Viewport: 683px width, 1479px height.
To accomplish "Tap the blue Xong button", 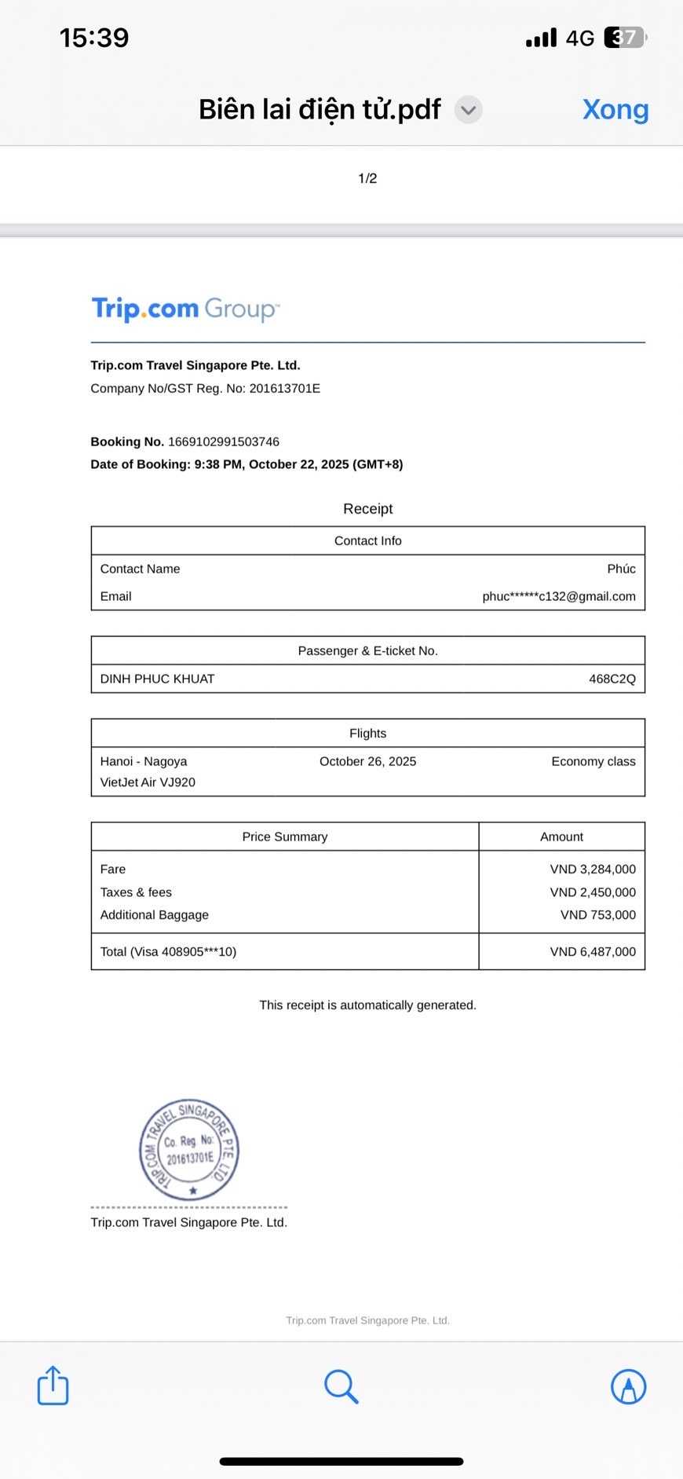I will [x=615, y=110].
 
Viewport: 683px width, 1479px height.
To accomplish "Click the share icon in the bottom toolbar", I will [x=53, y=1385].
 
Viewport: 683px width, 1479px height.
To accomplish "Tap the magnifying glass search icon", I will [x=341, y=1386].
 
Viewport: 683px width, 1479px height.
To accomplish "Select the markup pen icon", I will [x=628, y=1386].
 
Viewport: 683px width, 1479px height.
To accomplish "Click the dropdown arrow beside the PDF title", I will [x=469, y=110].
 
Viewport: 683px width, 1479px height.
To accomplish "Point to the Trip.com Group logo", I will [x=185, y=309].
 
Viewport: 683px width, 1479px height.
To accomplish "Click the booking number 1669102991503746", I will [x=224, y=441].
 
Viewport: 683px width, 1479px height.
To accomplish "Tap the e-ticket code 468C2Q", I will [x=612, y=679].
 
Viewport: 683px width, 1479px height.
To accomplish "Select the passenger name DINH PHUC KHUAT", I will [x=157, y=679].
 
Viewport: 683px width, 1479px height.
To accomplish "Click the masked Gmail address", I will [x=558, y=596].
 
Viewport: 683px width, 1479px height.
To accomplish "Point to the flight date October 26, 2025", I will [x=367, y=761].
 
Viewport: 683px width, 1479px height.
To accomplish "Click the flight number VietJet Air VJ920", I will [x=148, y=782].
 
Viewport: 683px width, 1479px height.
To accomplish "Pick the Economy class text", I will [x=593, y=761].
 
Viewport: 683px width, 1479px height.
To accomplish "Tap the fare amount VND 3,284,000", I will [x=593, y=869].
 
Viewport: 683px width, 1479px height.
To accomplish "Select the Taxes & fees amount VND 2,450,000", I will [x=593, y=892].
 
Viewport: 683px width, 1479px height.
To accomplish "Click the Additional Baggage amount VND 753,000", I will [x=597, y=915].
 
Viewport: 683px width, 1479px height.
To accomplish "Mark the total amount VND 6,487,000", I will [x=593, y=952].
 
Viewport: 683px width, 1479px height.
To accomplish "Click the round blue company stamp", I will [x=189, y=1149].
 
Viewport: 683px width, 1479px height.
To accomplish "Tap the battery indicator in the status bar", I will [x=625, y=38].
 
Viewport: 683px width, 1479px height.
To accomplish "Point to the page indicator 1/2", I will [x=367, y=178].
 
